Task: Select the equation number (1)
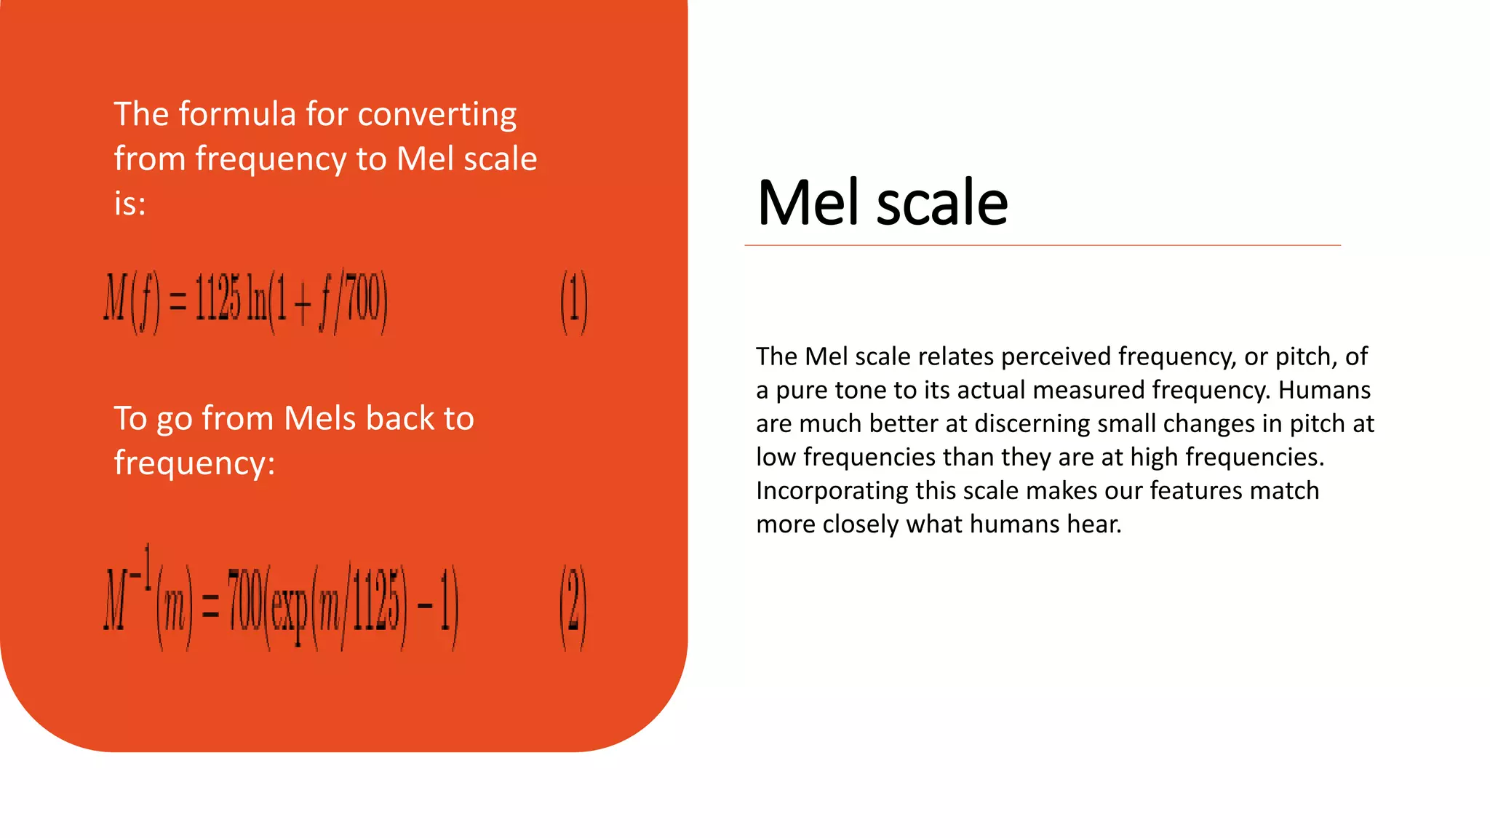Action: click(x=573, y=301)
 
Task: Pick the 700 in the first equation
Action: click(x=363, y=299)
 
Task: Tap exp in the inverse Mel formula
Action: click(x=290, y=608)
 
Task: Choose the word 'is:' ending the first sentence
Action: click(x=130, y=204)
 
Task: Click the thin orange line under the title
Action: click(x=1042, y=246)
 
